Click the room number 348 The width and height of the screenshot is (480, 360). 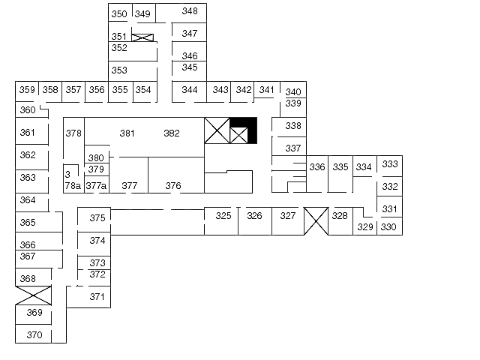190,11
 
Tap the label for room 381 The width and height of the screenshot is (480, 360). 127,133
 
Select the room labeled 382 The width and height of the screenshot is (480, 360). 172,133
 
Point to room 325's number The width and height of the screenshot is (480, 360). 223,216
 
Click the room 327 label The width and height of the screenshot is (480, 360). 288,216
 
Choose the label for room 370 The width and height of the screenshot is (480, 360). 34,335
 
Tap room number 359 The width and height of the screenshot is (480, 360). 27,90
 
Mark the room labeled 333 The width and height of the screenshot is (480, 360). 390,164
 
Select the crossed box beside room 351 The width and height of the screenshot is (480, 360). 142,37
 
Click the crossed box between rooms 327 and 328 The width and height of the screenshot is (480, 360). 316,220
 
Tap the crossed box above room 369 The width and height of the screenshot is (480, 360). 34,295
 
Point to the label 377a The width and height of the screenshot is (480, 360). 96,186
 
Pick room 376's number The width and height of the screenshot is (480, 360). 173,186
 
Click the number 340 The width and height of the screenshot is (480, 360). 293,92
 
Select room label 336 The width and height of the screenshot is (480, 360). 317,167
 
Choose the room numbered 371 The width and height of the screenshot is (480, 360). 97,297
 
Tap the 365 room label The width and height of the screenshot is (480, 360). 28,223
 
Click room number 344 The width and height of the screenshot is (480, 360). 190,90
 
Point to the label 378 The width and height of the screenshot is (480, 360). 73,133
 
